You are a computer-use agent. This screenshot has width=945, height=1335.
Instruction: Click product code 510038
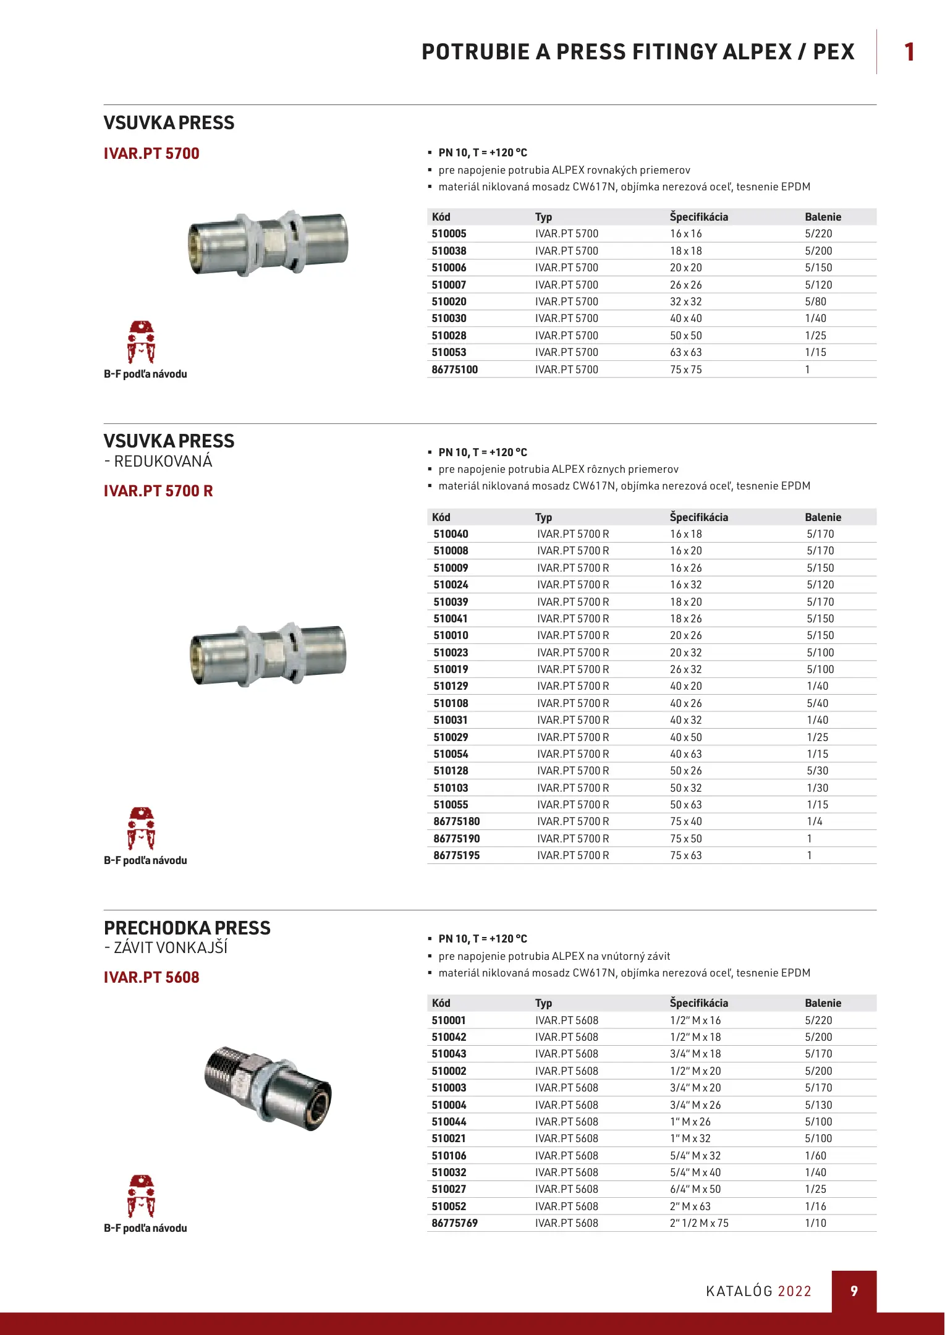click(x=449, y=251)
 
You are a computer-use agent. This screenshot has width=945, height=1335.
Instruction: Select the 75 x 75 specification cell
click(x=685, y=370)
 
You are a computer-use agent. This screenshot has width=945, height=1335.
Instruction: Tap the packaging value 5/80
click(x=815, y=302)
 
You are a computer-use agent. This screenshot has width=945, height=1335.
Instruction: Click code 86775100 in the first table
click(x=454, y=370)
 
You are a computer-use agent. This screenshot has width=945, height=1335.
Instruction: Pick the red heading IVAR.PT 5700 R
click(x=158, y=491)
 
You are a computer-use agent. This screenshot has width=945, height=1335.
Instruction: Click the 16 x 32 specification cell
click(x=685, y=585)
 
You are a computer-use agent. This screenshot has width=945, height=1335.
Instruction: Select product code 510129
click(x=451, y=686)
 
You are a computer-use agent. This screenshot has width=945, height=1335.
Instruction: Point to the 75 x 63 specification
click(x=685, y=855)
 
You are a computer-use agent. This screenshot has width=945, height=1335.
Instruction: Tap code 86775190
click(x=456, y=839)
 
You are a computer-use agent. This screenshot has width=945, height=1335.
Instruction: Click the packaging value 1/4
click(x=814, y=821)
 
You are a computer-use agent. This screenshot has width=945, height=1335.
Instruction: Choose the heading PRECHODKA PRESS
click(x=187, y=928)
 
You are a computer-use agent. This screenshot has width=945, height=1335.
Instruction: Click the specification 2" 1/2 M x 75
click(x=699, y=1223)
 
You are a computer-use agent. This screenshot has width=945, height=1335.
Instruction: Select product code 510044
click(x=449, y=1122)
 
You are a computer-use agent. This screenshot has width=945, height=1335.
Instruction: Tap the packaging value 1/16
click(x=815, y=1206)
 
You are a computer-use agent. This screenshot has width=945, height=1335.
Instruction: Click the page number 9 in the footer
click(x=854, y=1291)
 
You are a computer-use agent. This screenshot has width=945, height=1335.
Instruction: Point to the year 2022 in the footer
click(x=794, y=1291)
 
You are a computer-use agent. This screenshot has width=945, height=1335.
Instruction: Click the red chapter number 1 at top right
click(x=909, y=52)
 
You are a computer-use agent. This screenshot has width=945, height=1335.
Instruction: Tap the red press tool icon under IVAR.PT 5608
click(x=141, y=1196)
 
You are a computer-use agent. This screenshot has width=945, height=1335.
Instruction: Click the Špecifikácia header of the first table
click(x=698, y=217)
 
